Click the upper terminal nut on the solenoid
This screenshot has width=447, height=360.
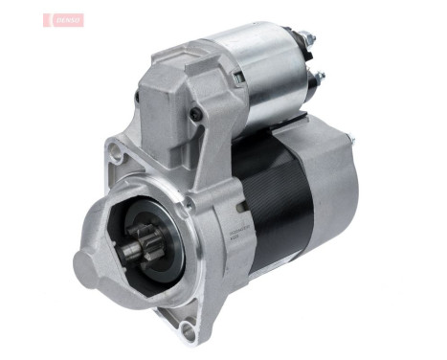point(307,39)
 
